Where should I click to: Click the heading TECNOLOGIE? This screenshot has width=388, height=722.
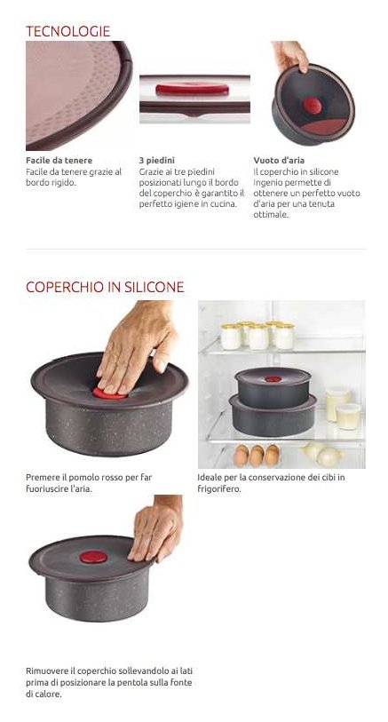coord(67,31)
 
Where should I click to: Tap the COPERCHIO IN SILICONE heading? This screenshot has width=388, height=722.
coord(105,287)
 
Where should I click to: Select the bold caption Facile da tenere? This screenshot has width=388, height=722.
coord(59,160)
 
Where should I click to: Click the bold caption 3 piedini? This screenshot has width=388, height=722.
coord(157,160)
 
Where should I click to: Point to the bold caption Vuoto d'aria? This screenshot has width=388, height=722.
coord(279,160)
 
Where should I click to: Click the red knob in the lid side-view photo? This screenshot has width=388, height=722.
coord(192,90)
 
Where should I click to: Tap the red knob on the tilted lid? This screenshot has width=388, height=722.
coord(312,106)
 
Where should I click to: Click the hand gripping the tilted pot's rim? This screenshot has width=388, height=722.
coord(291,55)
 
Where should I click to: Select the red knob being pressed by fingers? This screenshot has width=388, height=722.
coord(108,394)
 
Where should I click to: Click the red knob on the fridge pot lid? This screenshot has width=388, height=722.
coord(273,379)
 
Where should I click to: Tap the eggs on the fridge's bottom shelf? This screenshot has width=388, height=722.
coord(257,456)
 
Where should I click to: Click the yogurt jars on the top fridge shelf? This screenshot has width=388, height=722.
coord(257,336)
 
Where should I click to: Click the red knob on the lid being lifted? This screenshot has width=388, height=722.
coord(93,557)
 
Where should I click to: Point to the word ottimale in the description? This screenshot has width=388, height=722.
coord(271,215)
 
